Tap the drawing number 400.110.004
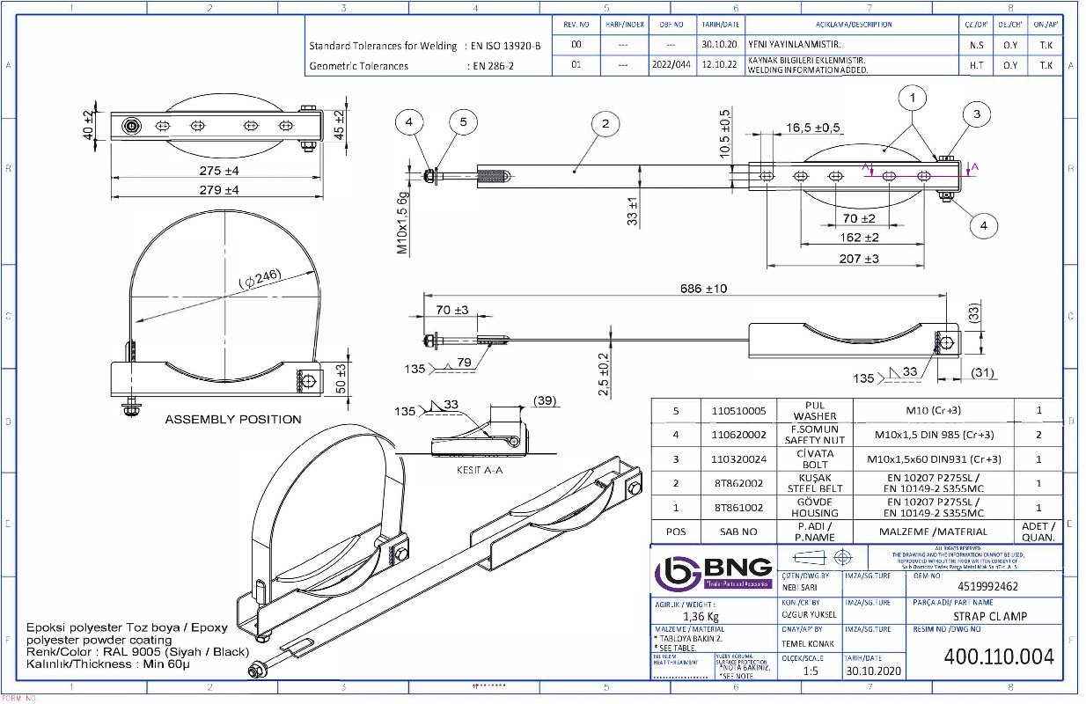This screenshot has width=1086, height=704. [x=998, y=656]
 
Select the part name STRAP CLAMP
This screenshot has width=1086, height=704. [x=990, y=616]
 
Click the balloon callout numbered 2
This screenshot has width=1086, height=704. [x=605, y=124]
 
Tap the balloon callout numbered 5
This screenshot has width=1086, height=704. [x=464, y=123]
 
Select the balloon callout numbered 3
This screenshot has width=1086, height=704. [x=976, y=113]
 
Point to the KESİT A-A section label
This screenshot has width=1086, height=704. [x=479, y=470]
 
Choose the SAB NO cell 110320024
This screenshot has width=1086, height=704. [x=738, y=458]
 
